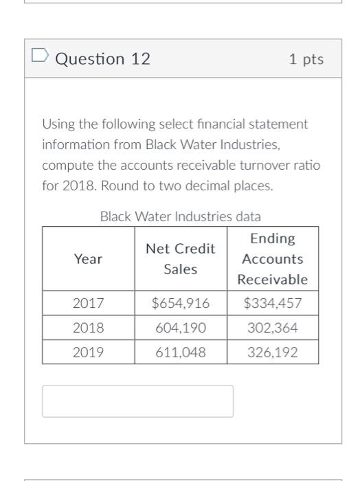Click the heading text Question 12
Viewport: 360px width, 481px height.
(x=102, y=60)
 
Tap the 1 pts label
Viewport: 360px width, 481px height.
(x=306, y=60)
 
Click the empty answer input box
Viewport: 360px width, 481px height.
(x=137, y=401)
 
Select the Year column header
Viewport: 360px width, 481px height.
(x=88, y=259)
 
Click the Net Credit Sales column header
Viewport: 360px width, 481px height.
(x=181, y=259)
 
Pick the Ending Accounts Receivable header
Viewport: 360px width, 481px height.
(x=273, y=259)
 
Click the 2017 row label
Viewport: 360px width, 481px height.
(x=88, y=303)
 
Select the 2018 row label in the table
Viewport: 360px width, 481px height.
(x=88, y=328)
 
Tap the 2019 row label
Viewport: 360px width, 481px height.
(x=88, y=353)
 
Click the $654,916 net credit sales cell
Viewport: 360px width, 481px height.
(x=181, y=303)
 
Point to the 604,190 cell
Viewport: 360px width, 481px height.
(x=181, y=328)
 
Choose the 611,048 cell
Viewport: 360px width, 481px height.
(x=181, y=353)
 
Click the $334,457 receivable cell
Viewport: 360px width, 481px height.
(x=273, y=303)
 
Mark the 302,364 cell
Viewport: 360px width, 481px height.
(x=273, y=328)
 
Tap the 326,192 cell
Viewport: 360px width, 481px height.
(x=273, y=353)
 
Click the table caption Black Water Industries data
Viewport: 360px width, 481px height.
(x=181, y=216)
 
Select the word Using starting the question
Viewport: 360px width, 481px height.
(x=57, y=124)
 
